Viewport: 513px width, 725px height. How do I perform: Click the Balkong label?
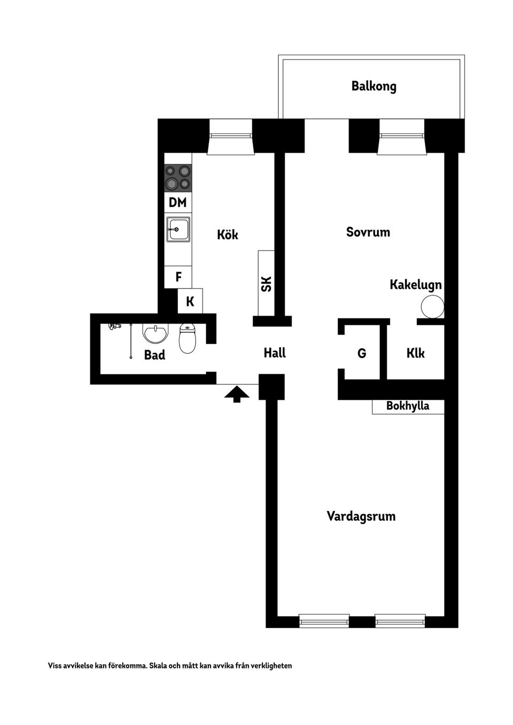(374, 86)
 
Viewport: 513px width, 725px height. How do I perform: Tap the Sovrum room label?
(368, 232)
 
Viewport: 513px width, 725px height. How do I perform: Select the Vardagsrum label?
(361, 516)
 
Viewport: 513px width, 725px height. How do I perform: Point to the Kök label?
(227, 234)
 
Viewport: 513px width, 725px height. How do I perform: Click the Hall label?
(275, 353)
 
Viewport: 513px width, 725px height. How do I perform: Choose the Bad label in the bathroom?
(154, 355)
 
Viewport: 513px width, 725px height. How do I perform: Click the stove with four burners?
(178, 178)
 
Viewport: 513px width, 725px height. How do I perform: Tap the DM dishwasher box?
(178, 202)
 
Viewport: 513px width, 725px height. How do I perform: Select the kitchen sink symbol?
(178, 229)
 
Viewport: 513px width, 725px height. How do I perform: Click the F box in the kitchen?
(178, 277)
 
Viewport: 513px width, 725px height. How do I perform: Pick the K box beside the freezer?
(190, 302)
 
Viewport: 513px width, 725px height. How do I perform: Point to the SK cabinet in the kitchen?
(266, 283)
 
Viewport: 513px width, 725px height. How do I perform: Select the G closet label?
(362, 353)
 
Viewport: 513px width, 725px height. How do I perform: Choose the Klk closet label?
(415, 353)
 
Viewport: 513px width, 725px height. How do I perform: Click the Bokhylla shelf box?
(408, 406)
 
